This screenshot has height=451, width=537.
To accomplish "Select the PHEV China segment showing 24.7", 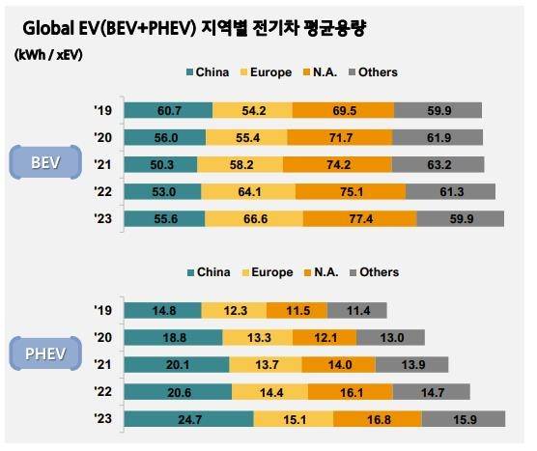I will point(189,419).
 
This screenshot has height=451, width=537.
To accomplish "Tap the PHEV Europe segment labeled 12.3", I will point(235,310).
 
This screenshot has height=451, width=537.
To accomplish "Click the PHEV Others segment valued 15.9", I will point(463,419).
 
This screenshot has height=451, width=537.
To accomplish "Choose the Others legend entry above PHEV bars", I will point(371,272).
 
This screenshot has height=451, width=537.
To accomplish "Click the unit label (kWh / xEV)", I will point(49,55).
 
